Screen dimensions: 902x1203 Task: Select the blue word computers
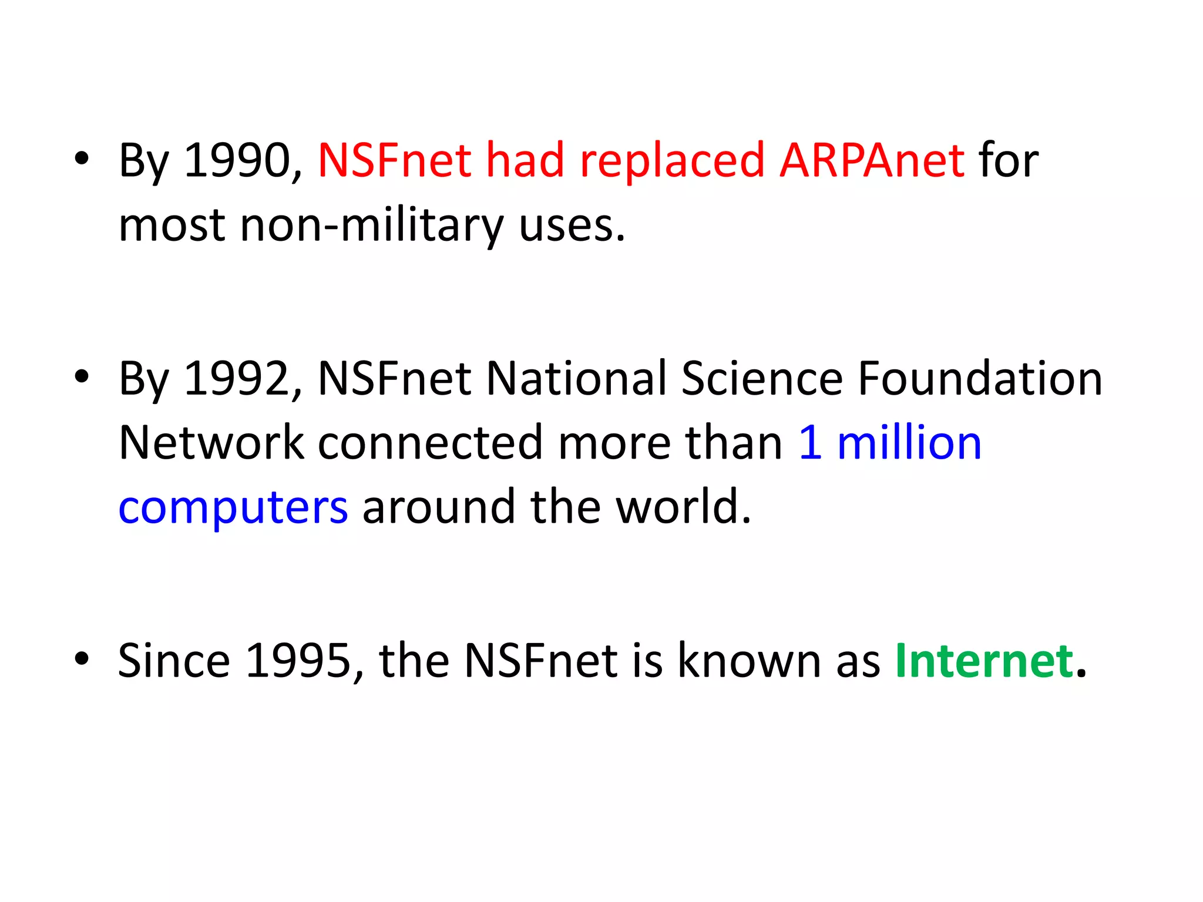point(233,507)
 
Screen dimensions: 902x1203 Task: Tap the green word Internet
point(984,661)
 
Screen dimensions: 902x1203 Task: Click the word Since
point(174,661)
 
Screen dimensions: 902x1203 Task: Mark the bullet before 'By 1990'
point(82,159)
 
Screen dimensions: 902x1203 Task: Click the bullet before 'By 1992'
point(82,376)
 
